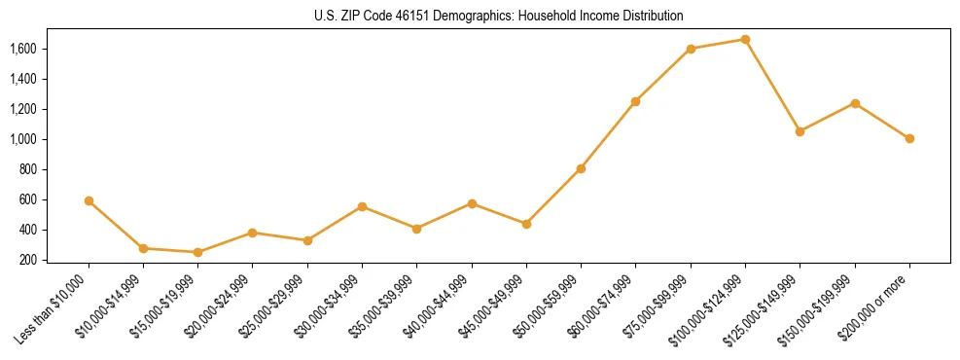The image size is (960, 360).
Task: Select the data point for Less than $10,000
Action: (89, 200)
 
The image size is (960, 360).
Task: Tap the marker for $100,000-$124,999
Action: (745, 39)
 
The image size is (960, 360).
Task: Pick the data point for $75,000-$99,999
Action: (691, 49)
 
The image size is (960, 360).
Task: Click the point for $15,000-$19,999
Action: (197, 252)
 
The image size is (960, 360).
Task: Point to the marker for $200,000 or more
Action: (909, 138)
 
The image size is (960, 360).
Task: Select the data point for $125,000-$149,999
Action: (800, 131)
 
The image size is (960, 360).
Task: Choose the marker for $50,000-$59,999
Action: (581, 168)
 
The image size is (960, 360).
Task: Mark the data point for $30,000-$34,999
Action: (362, 206)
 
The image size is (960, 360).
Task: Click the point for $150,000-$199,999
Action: (855, 103)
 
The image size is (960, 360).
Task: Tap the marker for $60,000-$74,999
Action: (635, 101)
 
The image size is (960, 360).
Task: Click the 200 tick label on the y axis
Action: (27, 260)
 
